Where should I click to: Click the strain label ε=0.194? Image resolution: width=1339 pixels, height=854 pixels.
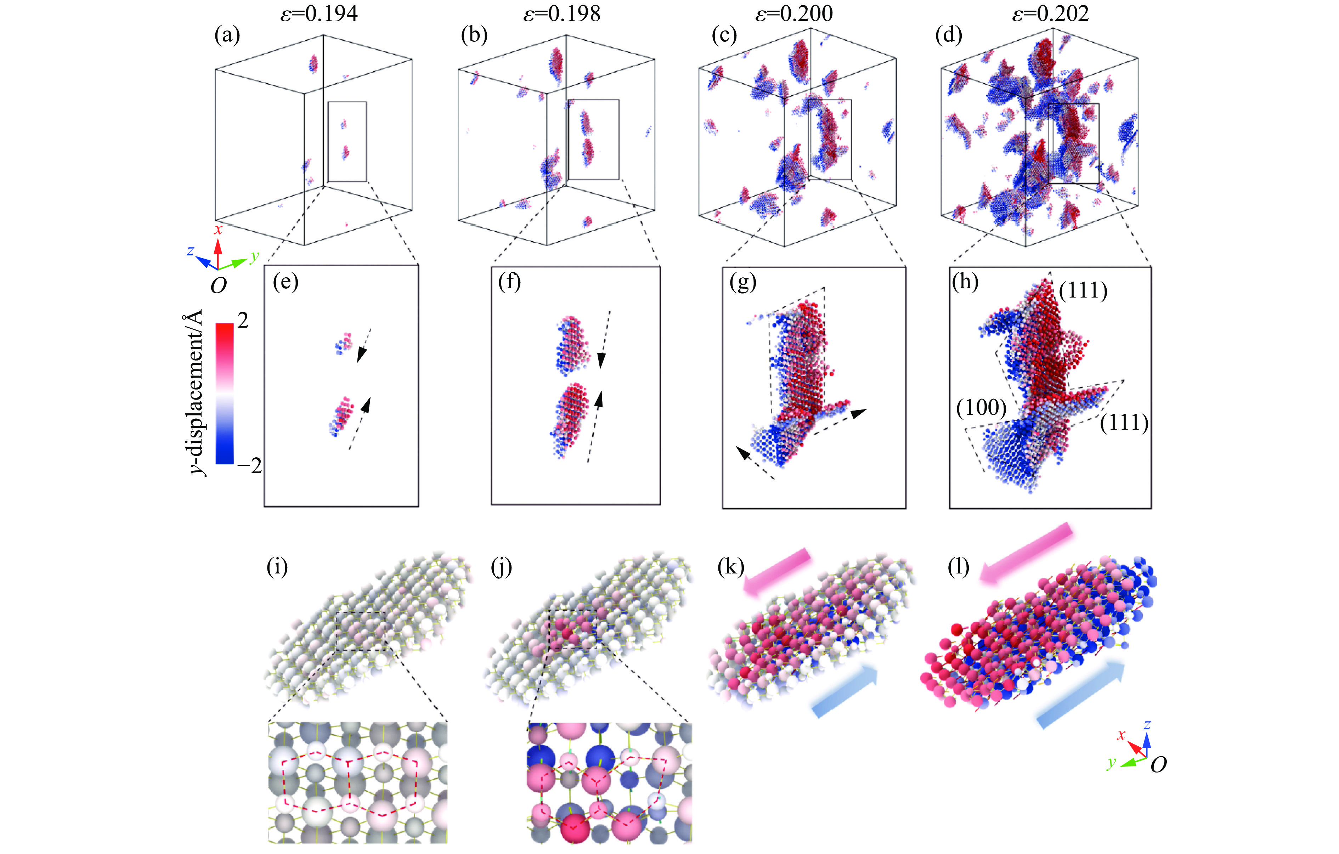(319, 13)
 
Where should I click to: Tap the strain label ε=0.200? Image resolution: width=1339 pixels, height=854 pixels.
(794, 13)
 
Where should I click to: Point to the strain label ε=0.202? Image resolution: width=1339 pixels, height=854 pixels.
(1050, 13)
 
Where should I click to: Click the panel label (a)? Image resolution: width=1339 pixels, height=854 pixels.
(227, 35)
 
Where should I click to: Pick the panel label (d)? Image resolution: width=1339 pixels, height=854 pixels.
(949, 35)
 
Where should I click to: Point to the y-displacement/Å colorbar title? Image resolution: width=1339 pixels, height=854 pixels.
(194, 392)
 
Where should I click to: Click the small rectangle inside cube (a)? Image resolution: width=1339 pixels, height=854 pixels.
(347, 141)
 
